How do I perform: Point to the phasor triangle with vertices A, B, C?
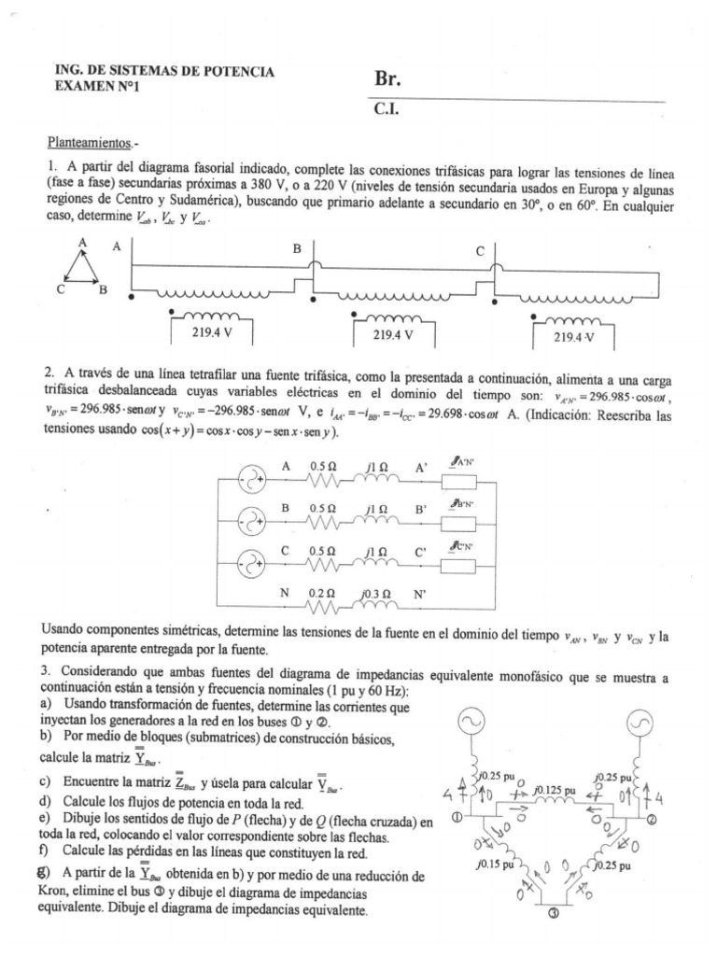pos(82,268)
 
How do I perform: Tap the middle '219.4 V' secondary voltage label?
pos(393,333)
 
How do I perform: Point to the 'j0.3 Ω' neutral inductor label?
pos(374,592)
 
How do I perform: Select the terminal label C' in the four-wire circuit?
pos(422,551)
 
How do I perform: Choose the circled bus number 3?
pos(552,914)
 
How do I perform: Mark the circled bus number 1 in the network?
pos(457,818)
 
